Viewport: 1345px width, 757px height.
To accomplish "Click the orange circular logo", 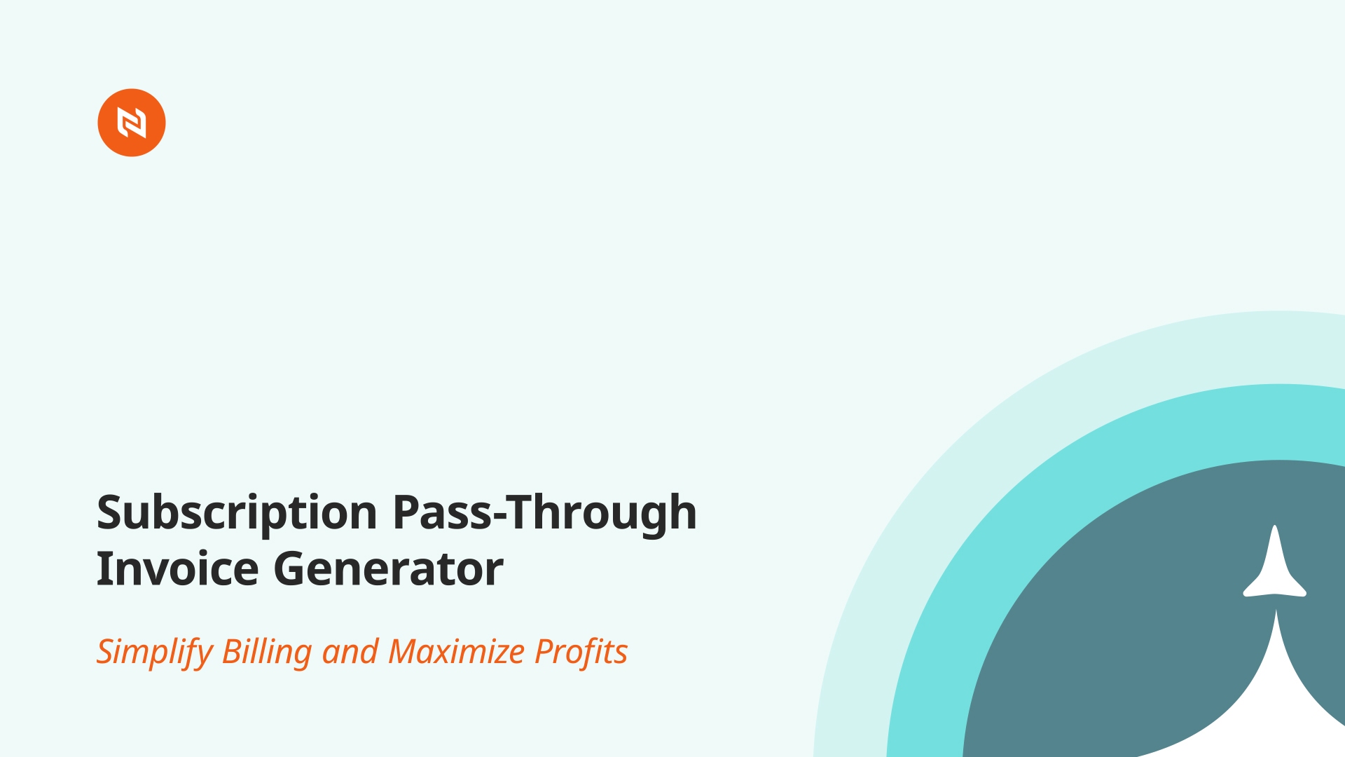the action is [x=132, y=123].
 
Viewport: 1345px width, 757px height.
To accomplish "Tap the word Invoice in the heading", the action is [x=178, y=568].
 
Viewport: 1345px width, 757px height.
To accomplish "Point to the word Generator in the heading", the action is [x=388, y=568].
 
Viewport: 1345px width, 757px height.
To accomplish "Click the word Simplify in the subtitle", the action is [x=155, y=653].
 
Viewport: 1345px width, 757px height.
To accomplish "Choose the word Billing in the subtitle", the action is [x=267, y=653].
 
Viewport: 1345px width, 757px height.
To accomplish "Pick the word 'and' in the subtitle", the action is [x=350, y=652].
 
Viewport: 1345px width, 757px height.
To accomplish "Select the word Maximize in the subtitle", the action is [x=457, y=651].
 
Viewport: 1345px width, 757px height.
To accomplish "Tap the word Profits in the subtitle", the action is [x=581, y=652].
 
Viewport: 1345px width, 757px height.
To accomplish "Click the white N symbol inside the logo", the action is [x=132, y=123].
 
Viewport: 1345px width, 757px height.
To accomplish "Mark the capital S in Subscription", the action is [x=111, y=512].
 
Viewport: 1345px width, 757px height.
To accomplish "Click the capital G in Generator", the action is [x=289, y=568].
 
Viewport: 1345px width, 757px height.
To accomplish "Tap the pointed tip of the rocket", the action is [x=1275, y=526].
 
